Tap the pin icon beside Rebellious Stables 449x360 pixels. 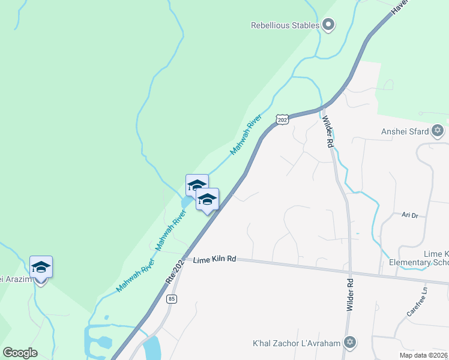coord(328,25)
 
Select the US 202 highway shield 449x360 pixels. coord(283,119)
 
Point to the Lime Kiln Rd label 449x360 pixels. coord(214,259)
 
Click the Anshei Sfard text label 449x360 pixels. coord(405,131)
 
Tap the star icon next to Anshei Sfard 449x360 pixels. coord(437,130)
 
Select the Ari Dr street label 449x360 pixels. coord(409,214)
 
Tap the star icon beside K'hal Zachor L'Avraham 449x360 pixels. coord(350,343)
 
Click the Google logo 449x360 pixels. coord(20,353)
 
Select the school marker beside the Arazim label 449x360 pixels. coord(41,268)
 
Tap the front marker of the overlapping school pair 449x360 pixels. coord(207,200)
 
